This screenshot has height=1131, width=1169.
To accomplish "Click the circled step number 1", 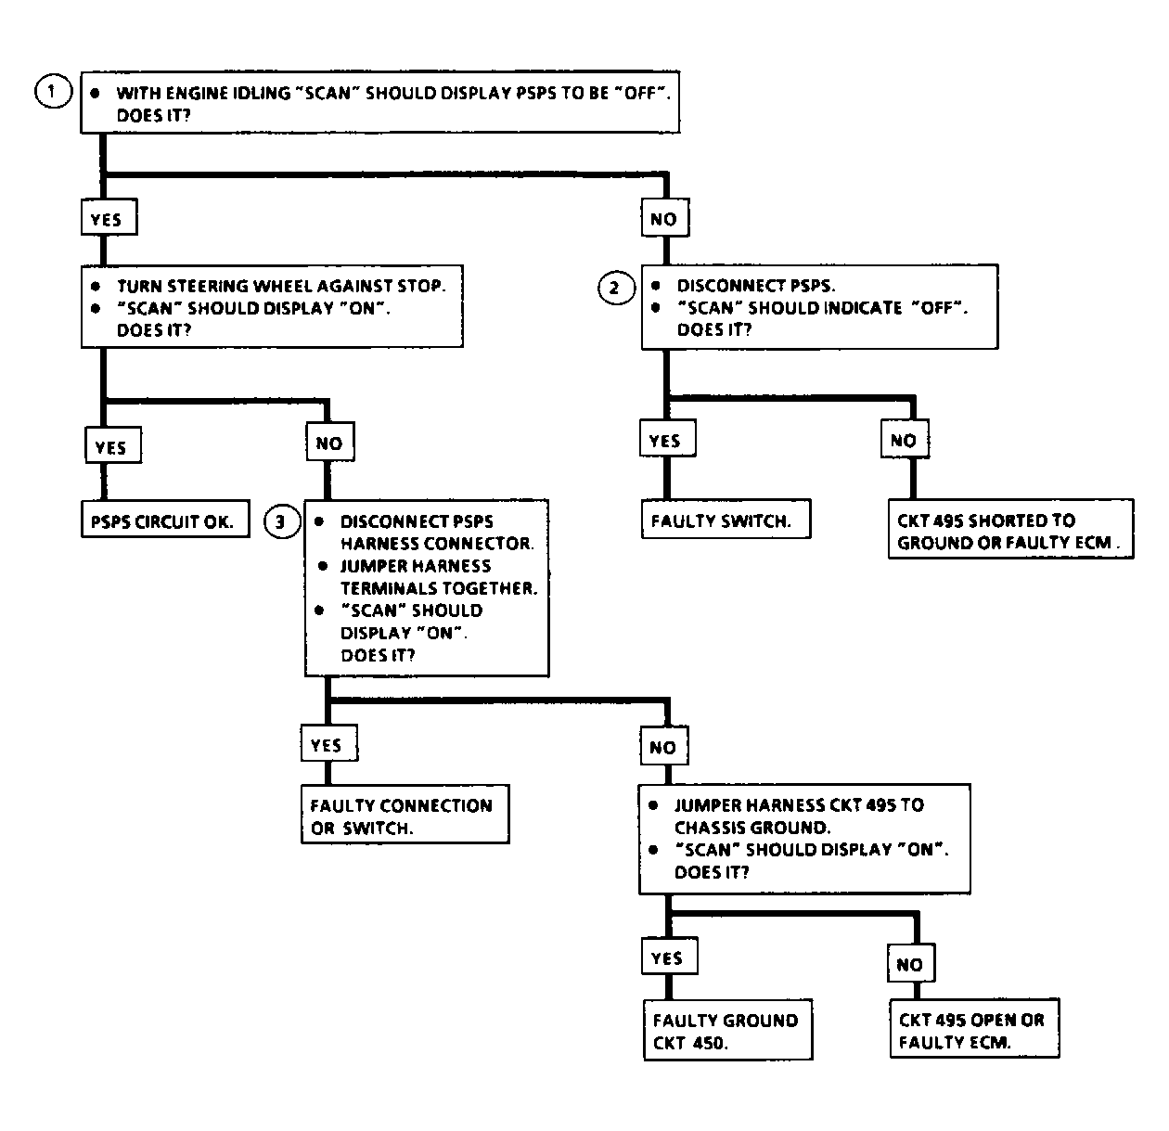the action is (x=53, y=91).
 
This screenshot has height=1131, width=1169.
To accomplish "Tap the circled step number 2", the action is (x=616, y=288).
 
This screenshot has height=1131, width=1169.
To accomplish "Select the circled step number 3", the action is (x=282, y=521).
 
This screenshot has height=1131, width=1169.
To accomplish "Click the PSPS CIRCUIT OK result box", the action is (x=165, y=519).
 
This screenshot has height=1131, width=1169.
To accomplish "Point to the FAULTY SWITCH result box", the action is (x=726, y=519).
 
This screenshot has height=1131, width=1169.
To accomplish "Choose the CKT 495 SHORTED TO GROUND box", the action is (x=1010, y=529).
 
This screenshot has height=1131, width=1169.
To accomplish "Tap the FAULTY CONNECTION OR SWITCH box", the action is (x=405, y=814).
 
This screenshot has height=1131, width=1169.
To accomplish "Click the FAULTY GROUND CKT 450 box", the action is (x=727, y=1030).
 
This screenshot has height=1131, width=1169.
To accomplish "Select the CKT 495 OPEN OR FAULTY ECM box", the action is (x=974, y=1028).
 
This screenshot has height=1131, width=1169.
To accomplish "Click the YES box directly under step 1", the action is (x=109, y=217).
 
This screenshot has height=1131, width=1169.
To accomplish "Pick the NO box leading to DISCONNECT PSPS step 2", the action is (x=665, y=217).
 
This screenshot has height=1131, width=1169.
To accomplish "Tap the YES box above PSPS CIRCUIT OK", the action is (x=113, y=445).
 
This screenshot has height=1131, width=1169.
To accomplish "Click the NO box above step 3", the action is (x=330, y=442).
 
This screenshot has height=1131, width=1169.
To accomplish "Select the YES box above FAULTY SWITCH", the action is (x=667, y=438).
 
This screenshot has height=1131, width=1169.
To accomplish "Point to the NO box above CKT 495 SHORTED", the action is (x=905, y=439).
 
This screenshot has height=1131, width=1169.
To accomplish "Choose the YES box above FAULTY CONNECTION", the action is (x=329, y=743).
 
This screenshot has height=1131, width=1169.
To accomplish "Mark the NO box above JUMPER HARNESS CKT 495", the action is (x=664, y=746).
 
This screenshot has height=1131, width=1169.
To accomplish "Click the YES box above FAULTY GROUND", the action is (x=670, y=956).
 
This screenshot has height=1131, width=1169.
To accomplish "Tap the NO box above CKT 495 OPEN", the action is (x=911, y=963).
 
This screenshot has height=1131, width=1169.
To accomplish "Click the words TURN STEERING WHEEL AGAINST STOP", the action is (x=281, y=286).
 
